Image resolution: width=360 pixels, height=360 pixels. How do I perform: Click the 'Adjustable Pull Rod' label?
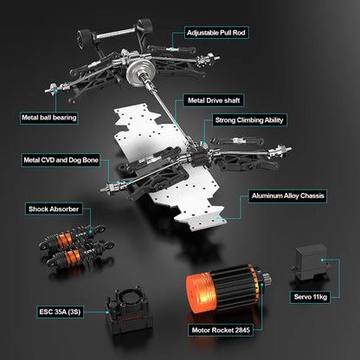pos(216,33)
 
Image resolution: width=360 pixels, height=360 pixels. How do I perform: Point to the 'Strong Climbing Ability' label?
pos(250,120)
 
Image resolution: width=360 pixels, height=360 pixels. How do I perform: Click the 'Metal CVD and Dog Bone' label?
pos(61,159)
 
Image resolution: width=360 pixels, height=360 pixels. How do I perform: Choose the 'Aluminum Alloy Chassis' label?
pos(287,196)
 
